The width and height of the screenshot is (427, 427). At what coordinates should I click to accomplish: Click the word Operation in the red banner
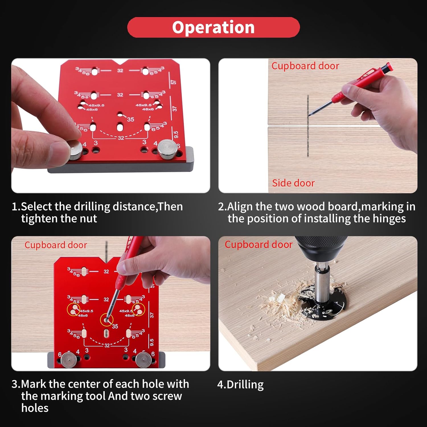213,27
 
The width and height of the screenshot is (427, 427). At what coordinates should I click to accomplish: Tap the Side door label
293,183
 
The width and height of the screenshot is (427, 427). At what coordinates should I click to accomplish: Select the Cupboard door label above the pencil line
305,66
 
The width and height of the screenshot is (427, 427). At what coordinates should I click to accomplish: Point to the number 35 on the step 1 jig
130,119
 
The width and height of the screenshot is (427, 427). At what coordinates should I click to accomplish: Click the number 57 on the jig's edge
174,82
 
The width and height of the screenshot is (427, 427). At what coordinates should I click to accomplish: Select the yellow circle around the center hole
107,320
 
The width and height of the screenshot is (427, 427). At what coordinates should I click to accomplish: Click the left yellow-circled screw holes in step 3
73,309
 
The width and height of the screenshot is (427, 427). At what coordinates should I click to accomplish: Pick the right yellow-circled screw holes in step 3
138,309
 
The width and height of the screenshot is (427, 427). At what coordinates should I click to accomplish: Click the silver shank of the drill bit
321,282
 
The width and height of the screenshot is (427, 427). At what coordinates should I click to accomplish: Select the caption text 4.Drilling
241,385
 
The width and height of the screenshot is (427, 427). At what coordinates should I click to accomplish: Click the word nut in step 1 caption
88,219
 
